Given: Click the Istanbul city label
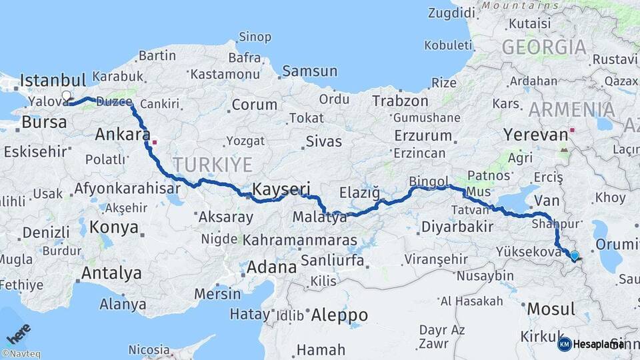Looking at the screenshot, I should point(53,81).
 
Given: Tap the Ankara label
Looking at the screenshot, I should point(122,135).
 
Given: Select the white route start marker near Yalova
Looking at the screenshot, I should point(67,96).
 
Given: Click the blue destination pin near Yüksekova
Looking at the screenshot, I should point(575,255).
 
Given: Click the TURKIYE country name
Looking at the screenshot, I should point(213,164).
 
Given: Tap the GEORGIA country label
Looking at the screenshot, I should point(544,47).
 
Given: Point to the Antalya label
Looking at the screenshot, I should point(111,273).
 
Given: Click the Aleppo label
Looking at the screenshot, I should point(339,315).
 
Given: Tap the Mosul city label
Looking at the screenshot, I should point(551,309).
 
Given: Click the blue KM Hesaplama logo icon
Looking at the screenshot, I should point(565,344).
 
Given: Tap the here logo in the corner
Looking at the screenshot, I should point(19,333).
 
